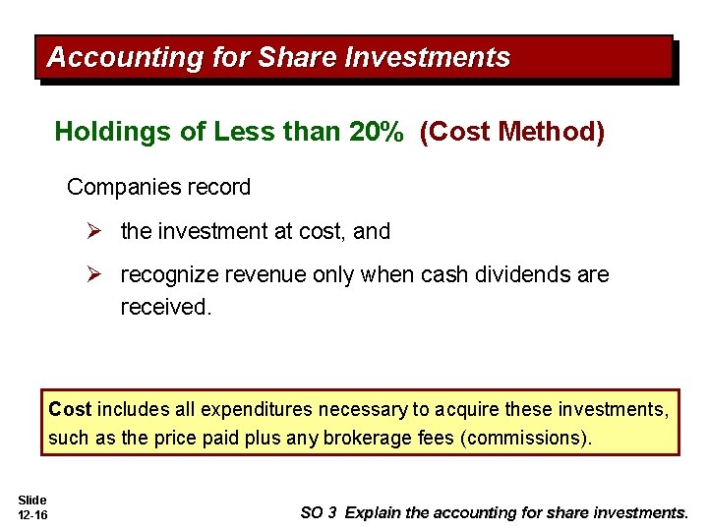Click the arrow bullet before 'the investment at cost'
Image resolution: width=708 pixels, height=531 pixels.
click(x=94, y=232)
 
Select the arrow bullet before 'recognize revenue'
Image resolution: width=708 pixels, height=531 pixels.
click(x=94, y=275)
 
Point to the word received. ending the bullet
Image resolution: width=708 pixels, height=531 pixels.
click(x=165, y=307)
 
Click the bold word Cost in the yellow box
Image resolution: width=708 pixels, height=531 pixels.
click(x=69, y=409)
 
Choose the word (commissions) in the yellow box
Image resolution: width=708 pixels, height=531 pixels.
click(x=526, y=438)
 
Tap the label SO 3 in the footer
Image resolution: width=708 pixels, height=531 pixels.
click(x=320, y=512)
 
